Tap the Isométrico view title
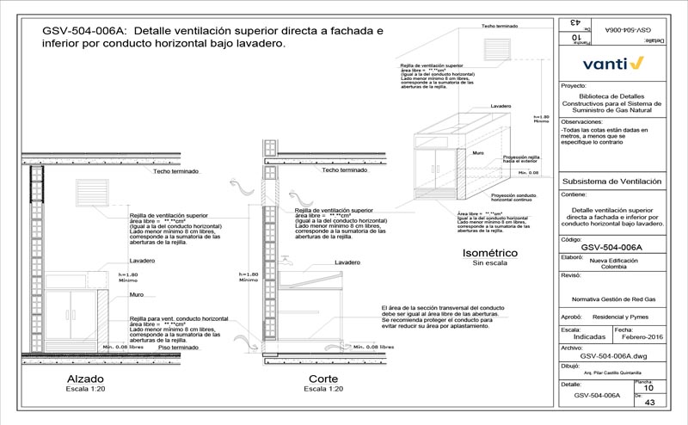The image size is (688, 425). [x=489, y=253]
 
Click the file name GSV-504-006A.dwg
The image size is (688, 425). [x=612, y=354]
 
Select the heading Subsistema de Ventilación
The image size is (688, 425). [x=611, y=182]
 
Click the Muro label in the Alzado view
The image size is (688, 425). [x=136, y=294]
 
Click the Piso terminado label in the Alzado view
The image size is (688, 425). [x=175, y=347]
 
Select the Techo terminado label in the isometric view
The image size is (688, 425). [x=500, y=27]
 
